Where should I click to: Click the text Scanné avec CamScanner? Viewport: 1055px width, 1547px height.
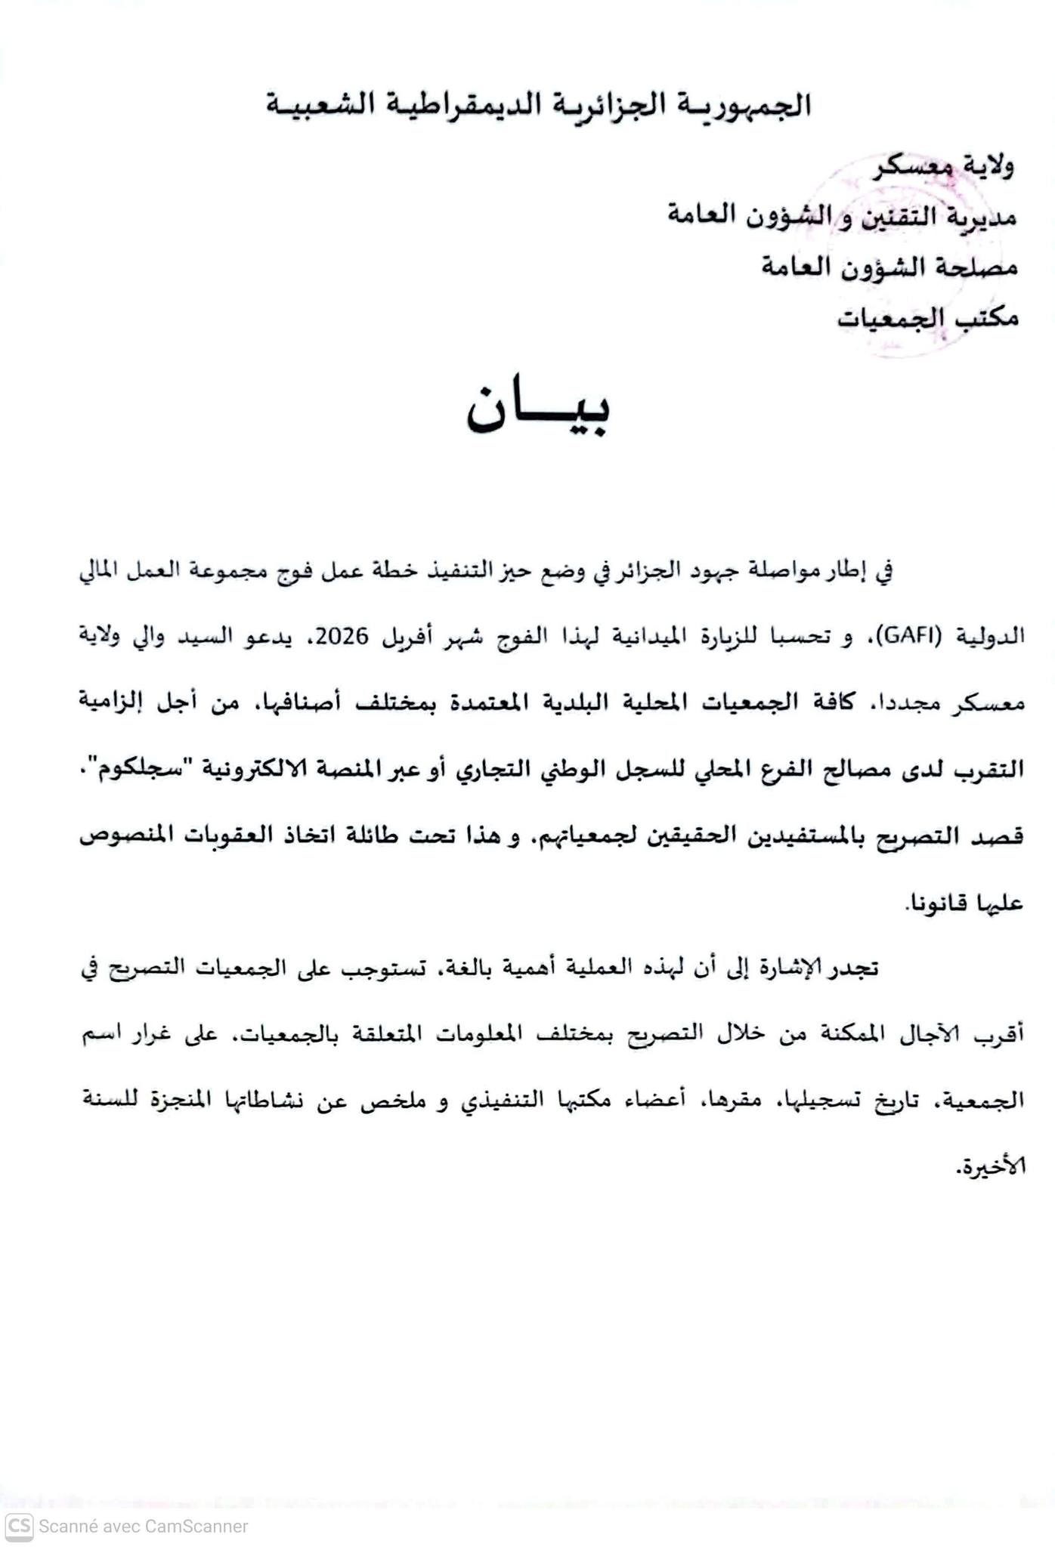pyautogui.click(x=144, y=1527)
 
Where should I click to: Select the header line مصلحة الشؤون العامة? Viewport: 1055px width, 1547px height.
pyautogui.click(x=889, y=267)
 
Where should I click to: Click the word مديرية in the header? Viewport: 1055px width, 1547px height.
pyautogui.click(x=982, y=217)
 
